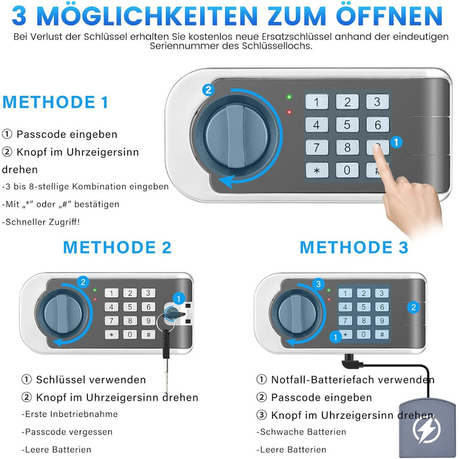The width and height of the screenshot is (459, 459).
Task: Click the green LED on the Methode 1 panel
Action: (x=289, y=97)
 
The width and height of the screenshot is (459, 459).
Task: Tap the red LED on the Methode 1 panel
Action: (x=289, y=112)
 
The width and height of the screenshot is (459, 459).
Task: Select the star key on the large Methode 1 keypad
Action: (x=317, y=170)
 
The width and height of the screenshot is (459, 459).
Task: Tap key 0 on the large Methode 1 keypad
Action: (x=347, y=170)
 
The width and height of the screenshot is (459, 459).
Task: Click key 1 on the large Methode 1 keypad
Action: (x=317, y=102)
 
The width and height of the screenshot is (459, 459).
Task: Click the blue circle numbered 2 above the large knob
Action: (x=208, y=90)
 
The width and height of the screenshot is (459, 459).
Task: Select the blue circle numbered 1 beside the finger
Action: (x=396, y=142)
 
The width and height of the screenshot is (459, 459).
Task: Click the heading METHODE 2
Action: (x=117, y=247)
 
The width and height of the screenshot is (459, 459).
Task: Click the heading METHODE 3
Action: (x=354, y=247)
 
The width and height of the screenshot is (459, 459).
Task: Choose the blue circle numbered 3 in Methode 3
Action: (x=319, y=284)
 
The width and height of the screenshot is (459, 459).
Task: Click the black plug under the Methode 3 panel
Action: (x=352, y=361)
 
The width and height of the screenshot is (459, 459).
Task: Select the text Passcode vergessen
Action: (x=67, y=431)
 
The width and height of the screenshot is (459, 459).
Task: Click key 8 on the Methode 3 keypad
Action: (x=363, y=321)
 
